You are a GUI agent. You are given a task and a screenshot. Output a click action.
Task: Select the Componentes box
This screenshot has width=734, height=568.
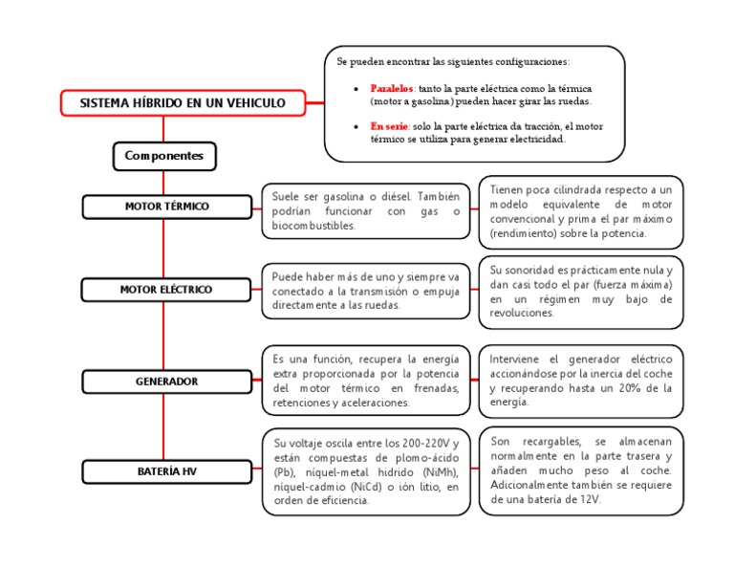163,155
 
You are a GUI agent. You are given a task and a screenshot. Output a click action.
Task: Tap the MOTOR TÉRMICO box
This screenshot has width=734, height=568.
166,207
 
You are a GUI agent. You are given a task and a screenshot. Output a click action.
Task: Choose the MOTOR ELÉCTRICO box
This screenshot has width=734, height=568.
166,289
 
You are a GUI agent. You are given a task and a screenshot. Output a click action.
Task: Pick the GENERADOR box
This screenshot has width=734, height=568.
166,382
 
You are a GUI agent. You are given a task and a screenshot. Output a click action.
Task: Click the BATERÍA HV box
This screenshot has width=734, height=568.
166,471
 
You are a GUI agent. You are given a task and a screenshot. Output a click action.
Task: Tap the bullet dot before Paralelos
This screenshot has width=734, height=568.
356,88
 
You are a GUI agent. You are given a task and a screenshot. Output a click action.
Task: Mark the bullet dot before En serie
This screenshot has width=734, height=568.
356,126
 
